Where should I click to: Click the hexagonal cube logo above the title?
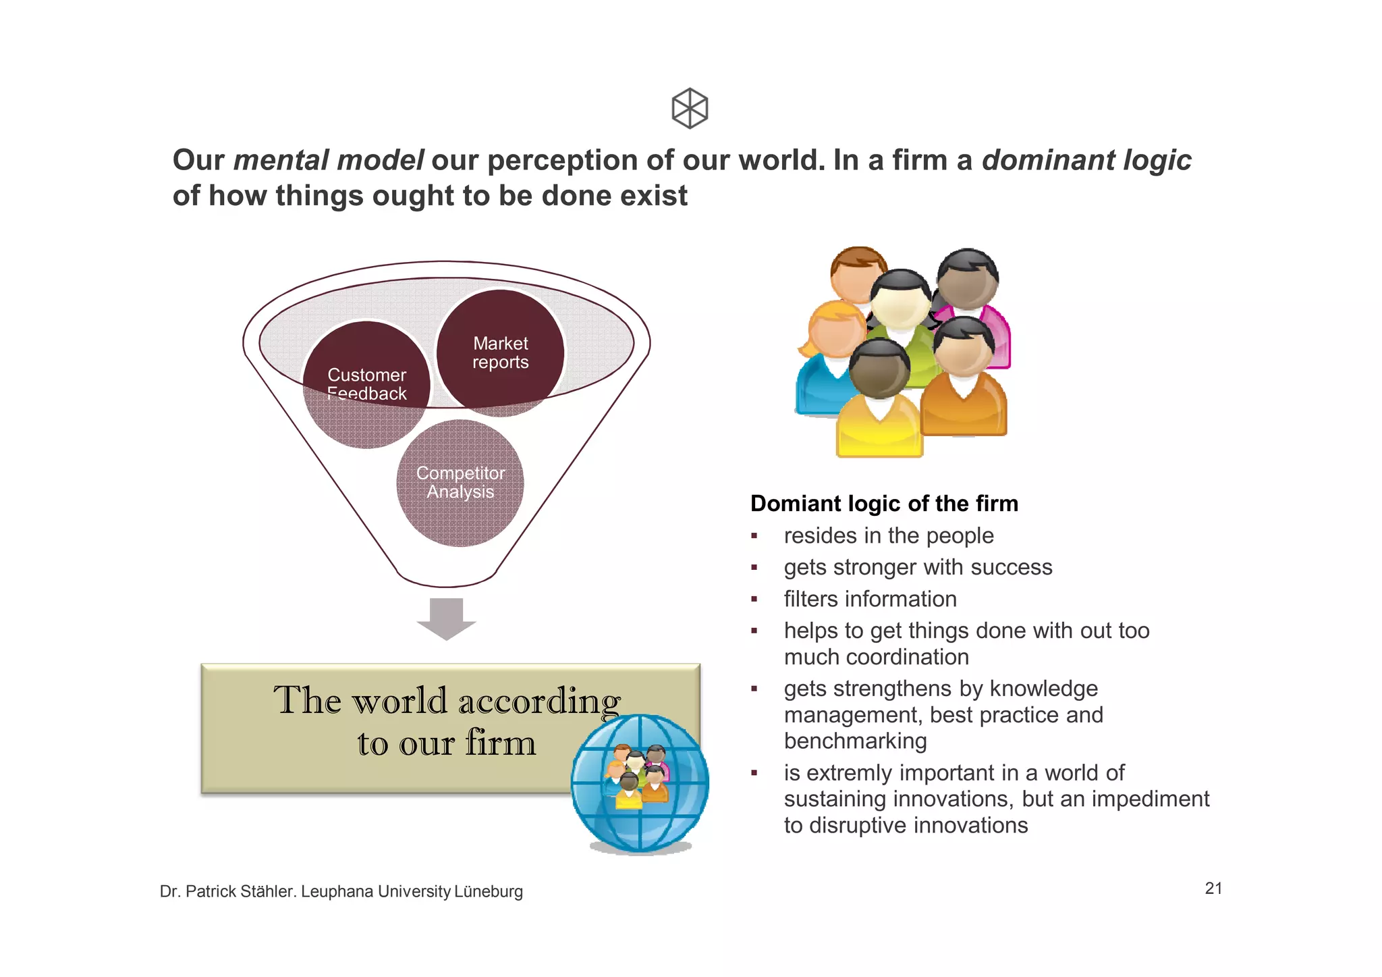pyautogui.click(x=690, y=108)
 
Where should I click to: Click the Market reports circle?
pyautogui.click(x=500, y=352)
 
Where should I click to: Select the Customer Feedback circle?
pyautogui.click(x=366, y=384)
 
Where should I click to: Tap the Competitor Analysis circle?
pyautogui.click(x=460, y=482)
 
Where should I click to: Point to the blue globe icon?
pyautogui.click(x=639, y=784)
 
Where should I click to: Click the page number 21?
pyautogui.click(x=1213, y=888)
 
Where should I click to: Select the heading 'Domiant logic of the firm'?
pyautogui.click(x=884, y=504)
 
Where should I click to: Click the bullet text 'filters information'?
pyautogui.click(x=870, y=599)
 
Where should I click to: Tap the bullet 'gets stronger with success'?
pyautogui.click(x=918, y=567)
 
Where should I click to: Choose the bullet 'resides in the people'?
pyautogui.click(x=888, y=535)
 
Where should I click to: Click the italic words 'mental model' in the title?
pyautogui.click(x=328, y=161)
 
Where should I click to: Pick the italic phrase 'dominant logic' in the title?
pyautogui.click(x=1086, y=161)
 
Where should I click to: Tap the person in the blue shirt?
pyautogui.click(x=820, y=385)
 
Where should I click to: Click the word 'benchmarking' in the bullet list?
pyautogui.click(x=855, y=741)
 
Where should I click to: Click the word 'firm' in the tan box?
pyautogui.click(x=500, y=743)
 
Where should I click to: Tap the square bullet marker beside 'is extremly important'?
pyautogui.click(x=754, y=773)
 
